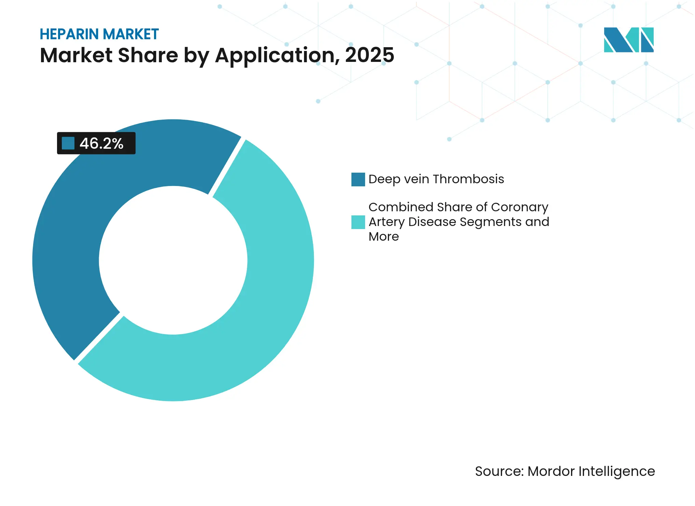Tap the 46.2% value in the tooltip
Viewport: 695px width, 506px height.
[x=101, y=144]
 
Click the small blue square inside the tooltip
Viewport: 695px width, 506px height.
[x=68, y=143]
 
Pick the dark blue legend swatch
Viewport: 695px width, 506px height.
[x=358, y=179]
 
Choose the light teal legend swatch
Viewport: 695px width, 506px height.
[x=358, y=222]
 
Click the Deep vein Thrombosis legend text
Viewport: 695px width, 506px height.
[x=436, y=179]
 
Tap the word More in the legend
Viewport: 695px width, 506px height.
[x=384, y=237]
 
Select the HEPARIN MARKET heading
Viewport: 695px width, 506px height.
[x=99, y=34]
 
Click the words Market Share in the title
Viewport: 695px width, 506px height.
[x=109, y=55]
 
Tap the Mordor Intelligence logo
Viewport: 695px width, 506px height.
[x=628, y=40]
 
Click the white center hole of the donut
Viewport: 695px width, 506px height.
[x=173, y=260]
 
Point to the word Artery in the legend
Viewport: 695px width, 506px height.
[x=386, y=222]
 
